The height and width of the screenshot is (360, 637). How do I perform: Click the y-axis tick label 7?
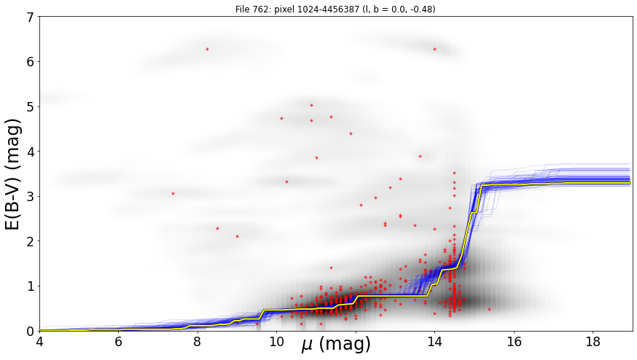pos(31,17)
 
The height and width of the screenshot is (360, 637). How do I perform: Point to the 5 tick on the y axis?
pos(31,107)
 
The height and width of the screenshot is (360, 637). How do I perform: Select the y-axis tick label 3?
pos(31,197)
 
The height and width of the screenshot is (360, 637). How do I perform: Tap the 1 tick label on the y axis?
pos(31,286)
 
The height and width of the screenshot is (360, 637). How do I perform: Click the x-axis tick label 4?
pos(39,342)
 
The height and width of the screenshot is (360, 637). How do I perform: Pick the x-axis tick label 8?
pos(198,342)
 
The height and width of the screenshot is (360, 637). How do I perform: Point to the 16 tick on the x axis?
pos(514,342)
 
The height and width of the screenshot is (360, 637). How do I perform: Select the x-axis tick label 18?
pos(593,342)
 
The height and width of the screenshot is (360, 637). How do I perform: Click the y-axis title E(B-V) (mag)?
pos(13,174)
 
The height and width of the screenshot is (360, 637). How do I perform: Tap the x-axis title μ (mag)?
pos(336,345)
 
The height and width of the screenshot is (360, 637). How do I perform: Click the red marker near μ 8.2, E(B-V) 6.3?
pos(207,49)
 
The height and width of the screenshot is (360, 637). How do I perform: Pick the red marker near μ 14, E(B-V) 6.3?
pos(434,49)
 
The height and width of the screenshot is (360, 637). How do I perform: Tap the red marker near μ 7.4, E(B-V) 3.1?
pos(173,193)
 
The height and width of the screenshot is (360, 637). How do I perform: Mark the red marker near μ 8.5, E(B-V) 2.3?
pos(217,228)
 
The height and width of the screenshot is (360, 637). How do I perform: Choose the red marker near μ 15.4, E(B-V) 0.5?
pos(489,309)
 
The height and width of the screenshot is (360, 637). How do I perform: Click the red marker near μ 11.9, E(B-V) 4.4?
pos(351,133)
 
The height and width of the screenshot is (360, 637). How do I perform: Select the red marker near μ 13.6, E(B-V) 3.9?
pos(420,156)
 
